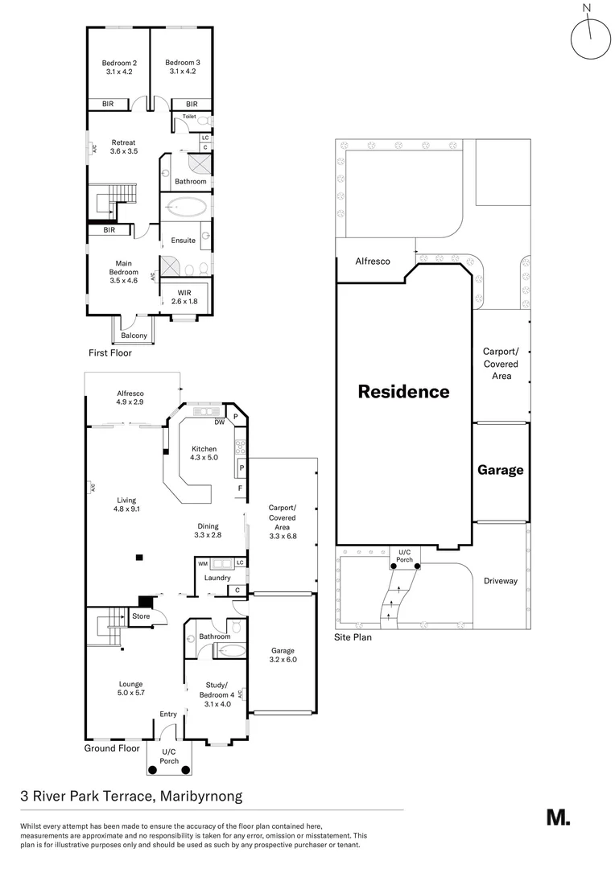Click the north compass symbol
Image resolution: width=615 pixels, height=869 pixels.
point(589,39)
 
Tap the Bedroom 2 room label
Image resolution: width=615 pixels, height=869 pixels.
point(118,67)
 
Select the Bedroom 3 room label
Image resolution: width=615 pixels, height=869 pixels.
point(183,67)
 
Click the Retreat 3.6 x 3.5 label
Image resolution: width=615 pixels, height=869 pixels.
point(123,146)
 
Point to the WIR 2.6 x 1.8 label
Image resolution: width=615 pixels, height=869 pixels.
point(184,296)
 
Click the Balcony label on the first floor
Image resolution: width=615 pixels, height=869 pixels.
point(134,336)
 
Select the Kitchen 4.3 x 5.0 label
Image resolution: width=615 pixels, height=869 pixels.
point(204,452)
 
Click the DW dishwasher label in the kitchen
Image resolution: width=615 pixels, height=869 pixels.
point(219,422)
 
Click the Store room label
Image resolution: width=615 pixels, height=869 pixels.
point(141,617)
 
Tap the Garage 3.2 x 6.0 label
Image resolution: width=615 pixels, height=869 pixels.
point(283,655)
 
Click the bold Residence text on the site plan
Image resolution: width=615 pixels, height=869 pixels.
point(403,392)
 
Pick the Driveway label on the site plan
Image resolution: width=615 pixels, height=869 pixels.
point(501,581)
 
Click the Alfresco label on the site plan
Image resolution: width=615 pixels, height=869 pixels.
point(373,262)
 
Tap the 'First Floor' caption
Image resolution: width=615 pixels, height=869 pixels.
point(110,353)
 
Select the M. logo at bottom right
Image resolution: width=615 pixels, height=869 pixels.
point(558,818)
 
